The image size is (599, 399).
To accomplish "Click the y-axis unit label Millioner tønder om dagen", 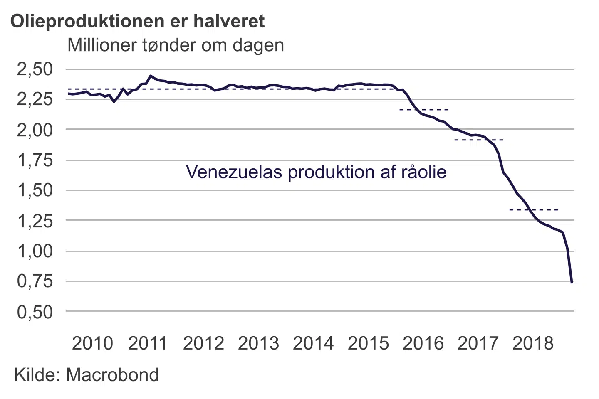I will pos(176,45).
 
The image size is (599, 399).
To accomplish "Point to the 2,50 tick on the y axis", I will pos(35,69).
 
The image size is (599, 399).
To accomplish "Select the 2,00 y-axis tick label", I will pos(35,130).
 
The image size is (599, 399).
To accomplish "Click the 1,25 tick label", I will pos(35,221).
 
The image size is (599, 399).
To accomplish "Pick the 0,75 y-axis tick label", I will pos(35,281).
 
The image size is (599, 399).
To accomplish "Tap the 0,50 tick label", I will pos(35,312).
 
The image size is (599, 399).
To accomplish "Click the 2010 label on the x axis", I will pos(92,343).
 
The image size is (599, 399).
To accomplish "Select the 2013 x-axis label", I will pos(258,343).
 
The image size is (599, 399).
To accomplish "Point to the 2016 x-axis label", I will pos(423,343).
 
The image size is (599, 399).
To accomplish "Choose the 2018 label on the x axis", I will pos(533,343).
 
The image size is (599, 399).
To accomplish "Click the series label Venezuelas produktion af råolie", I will pos(316,172).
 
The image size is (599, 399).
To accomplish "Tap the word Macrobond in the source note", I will pos(112,375).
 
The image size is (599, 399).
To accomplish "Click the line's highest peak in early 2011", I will pos(151,76).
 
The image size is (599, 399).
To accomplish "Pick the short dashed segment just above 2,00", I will pos(423,110).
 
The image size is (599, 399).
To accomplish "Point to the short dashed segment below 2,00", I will pos(479,140).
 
